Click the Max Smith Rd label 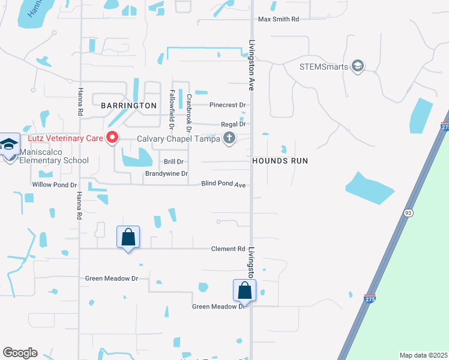(x=278, y=20)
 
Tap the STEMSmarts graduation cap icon (x=358, y=66)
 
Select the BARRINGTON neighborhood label (x=128, y=106)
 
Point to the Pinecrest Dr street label (x=228, y=105)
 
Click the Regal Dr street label (x=234, y=124)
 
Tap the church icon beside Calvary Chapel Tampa (x=229, y=139)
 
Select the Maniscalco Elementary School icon (x=9, y=145)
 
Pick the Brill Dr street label (x=173, y=162)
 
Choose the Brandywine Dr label (x=166, y=174)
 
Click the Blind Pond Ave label (x=223, y=184)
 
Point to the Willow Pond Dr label (x=55, y=185)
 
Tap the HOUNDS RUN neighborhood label (x=280, y=161)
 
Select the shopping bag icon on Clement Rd (x=128, y=237)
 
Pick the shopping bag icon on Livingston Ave (x=245, y=291)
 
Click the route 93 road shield (x=409, y=213)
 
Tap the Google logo (x=20, y=353)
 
